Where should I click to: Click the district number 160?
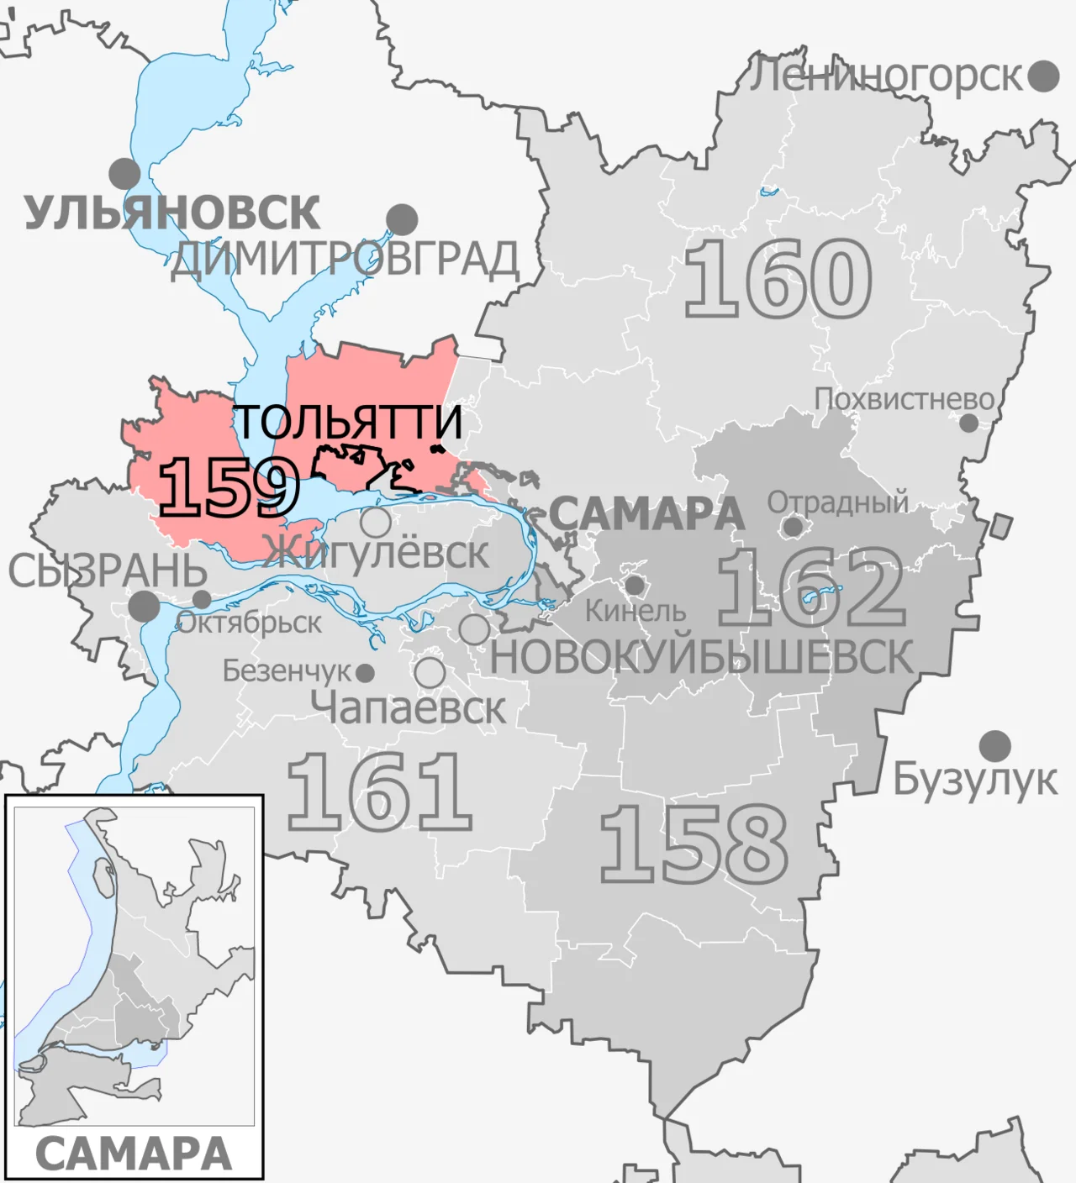coord(778,278)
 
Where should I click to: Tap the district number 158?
coord(694,843)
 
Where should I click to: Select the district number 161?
coord(378,791)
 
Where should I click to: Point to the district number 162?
coord(811,587)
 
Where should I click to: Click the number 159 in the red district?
coord(229,487)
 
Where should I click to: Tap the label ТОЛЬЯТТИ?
coord(347,421)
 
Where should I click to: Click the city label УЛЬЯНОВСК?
coord(172,212)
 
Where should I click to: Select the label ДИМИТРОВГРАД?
coord(345,259)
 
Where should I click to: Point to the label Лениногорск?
coord(885,76)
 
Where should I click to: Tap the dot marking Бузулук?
coord(995,745)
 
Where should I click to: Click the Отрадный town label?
coord(837,502)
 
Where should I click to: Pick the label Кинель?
coord(636,611)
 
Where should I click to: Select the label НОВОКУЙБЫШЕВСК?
coord(701,657)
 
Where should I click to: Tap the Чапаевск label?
coord(409,707)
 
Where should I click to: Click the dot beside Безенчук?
coord(365,673)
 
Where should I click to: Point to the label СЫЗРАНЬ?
coord(108,571)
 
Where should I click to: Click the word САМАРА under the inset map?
coord(134,1154)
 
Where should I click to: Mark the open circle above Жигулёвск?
coord(376,522)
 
